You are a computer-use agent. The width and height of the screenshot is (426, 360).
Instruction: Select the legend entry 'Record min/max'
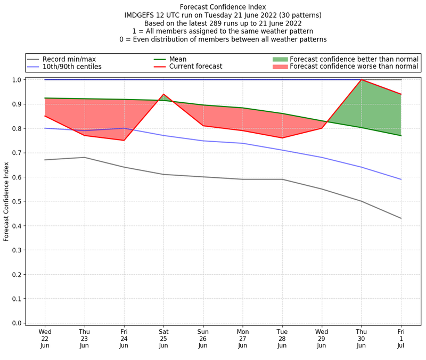pyautogui.click(x=69, y=59)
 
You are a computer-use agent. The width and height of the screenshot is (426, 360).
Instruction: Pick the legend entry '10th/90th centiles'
pyautogui.click(x=72, y=67)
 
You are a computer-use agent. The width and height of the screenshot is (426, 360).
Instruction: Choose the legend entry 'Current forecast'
pyautogui.click(x=195, y=67)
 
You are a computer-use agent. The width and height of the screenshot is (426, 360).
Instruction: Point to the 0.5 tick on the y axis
pyautogui.click(x=17, y=201)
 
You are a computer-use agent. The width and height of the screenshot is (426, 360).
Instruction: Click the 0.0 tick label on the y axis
pyautogui.click(x=17, y=323)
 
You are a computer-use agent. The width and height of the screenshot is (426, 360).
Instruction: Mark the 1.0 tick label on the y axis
pyautogui.click(x=17, y=80)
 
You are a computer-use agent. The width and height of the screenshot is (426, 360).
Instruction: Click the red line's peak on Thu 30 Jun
pyautogui.click(x=362, y=80)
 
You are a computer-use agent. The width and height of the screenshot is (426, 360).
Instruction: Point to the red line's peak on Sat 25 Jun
pyautogui.click(x=163, y=94)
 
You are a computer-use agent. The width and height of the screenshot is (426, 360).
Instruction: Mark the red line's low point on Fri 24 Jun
pyautogui.click(x=124, y=140)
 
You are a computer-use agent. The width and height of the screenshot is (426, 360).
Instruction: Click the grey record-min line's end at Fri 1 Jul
pyautogui.click(x=401, y=218)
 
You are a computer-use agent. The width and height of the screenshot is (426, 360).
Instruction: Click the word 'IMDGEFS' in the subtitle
pyautogui.click(x=141, y=15)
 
